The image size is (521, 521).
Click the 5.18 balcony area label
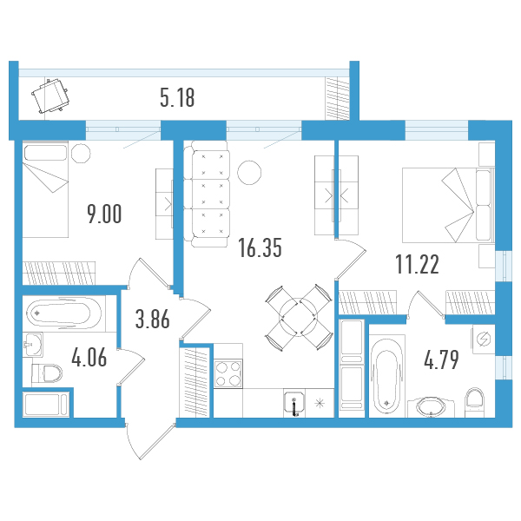pos(177,98)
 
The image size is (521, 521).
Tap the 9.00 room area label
pos(104,214)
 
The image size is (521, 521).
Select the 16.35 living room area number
pos(260,247)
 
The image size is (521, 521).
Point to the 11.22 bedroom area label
pos(418,265)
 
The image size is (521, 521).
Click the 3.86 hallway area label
pos(153,319)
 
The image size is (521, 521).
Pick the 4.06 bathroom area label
pos(89,358)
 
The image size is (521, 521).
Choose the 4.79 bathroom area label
pos(441,359)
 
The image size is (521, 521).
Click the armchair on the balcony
pos(50,96)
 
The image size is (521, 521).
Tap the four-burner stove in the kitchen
pos(228,373)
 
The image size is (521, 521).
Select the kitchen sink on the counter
pos(294,404)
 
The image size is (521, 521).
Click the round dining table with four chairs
pos(299,317)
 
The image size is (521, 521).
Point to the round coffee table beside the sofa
pos(249,173)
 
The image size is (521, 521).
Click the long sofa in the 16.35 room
pos(207,194)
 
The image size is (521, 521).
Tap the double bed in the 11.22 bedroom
pos(448,205)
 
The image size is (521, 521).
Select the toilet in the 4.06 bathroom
pos(47,373)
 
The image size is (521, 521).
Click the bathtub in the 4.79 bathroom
pos(386,376)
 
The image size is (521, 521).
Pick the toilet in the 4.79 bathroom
pos(474,402)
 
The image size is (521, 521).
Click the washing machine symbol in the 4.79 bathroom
pos(484,340)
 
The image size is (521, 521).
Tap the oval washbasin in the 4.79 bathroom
pos(431,406)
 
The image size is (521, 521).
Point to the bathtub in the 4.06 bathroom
pos(63,313)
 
